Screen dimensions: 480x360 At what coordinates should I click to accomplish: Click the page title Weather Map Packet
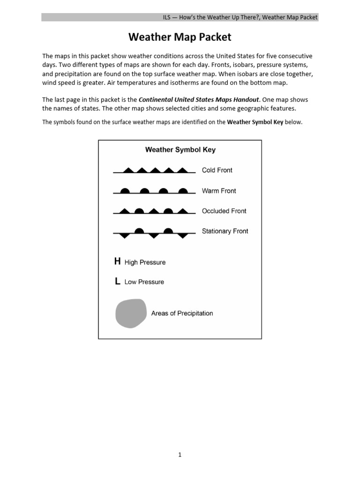(180, 37)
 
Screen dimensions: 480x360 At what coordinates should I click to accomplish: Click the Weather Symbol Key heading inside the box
(180, 150)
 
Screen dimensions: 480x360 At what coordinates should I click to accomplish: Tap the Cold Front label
(217, 170)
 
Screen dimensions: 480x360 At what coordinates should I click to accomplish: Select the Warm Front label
(219, 191)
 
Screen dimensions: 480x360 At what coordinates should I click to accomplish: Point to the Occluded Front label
(224, 211)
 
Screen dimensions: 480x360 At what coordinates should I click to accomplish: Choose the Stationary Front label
(225, 231)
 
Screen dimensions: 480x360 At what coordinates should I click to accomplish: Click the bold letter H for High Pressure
(117, 262)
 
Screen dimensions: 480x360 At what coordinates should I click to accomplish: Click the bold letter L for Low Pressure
(117, 281)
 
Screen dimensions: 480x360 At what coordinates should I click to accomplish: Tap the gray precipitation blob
(131, 313)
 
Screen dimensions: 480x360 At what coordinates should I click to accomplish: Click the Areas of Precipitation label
(182, 313)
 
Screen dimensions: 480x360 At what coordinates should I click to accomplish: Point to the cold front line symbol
(154, 171)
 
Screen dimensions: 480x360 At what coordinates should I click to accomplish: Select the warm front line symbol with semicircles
(154, 191)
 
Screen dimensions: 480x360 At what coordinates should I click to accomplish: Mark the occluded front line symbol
(154, 211)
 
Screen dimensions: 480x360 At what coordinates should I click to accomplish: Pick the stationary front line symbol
(154, 232)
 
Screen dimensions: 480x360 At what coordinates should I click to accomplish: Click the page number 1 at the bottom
(180, 454)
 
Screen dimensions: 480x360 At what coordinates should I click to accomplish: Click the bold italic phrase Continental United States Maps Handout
(199, 100)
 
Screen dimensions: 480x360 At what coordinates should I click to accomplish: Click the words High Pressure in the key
(145, 262)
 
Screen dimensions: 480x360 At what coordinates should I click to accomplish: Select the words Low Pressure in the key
(144, 282)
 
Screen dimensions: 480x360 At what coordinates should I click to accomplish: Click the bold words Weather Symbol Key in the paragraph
(255, 122)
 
